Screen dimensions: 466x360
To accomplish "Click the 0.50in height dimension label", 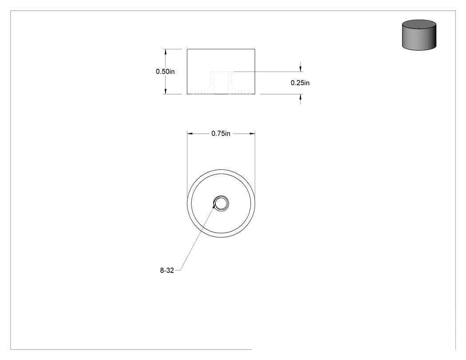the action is coord(165,71).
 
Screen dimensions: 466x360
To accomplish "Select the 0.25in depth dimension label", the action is coord(300,83).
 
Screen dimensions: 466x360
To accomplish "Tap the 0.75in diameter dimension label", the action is coord(221,134).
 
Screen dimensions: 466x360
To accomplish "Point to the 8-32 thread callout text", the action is coord(167,270).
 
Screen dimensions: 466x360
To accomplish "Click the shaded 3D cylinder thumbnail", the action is coord(419,35).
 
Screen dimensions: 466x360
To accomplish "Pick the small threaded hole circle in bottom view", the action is coord(221,204).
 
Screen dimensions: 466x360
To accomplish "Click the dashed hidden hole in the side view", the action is coord(221,83).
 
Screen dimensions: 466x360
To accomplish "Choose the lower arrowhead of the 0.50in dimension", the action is coord(166,91).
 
